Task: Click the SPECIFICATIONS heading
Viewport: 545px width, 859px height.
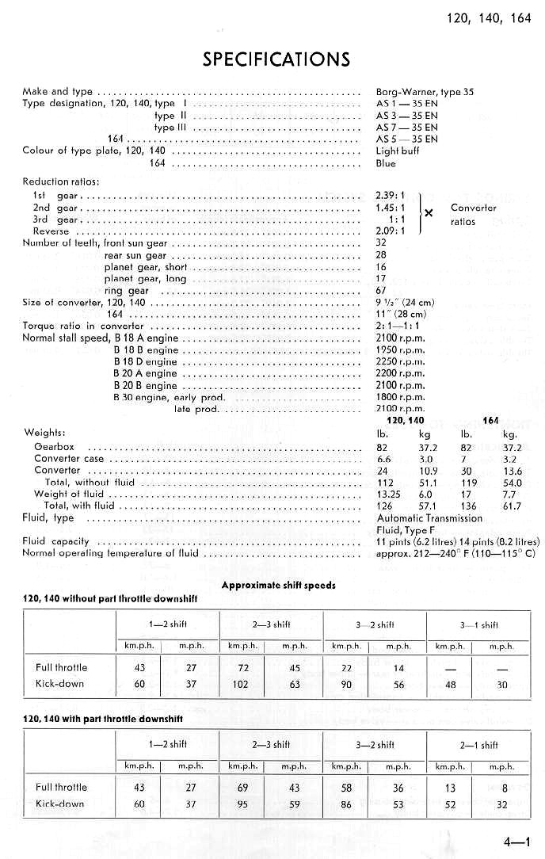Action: [276, 59]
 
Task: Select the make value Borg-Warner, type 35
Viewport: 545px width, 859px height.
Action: [425, 91]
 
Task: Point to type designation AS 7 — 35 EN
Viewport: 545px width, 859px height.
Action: [406, 127]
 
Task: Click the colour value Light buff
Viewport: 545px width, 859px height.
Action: [398, 151]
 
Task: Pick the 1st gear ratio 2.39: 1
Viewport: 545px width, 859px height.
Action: [391, 195]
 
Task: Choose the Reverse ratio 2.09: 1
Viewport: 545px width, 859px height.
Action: [391, 231]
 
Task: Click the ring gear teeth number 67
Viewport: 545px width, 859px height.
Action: [381, 291]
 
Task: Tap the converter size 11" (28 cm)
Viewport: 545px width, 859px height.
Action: [401, 314]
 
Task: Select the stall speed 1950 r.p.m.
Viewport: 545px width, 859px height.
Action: [400, 349]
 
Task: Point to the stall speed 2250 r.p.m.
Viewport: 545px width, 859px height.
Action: [400, 361]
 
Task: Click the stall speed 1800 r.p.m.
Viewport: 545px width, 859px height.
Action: [400, 397]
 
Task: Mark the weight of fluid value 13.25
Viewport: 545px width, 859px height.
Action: [387, 494]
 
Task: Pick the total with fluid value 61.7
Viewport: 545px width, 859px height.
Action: [513, 506]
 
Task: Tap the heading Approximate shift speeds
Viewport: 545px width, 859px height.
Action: [278, 586]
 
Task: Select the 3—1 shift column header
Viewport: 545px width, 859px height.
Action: [479, 624]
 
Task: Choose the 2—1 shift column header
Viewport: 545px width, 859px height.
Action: [479, 744]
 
